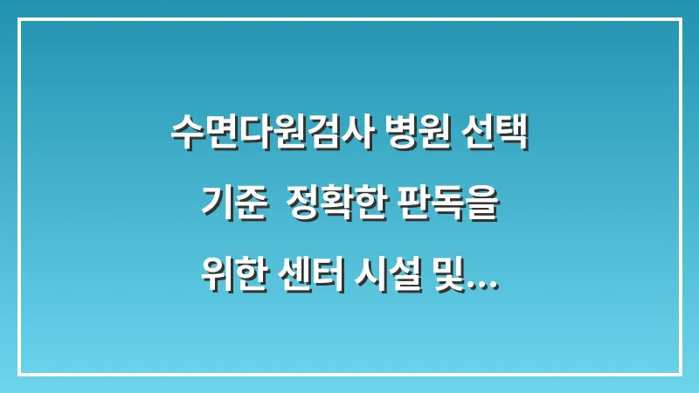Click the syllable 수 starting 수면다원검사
click(x=186, y=136)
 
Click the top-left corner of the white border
click(x=19, y=19)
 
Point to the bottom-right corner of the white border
click(x=680, y=374)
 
